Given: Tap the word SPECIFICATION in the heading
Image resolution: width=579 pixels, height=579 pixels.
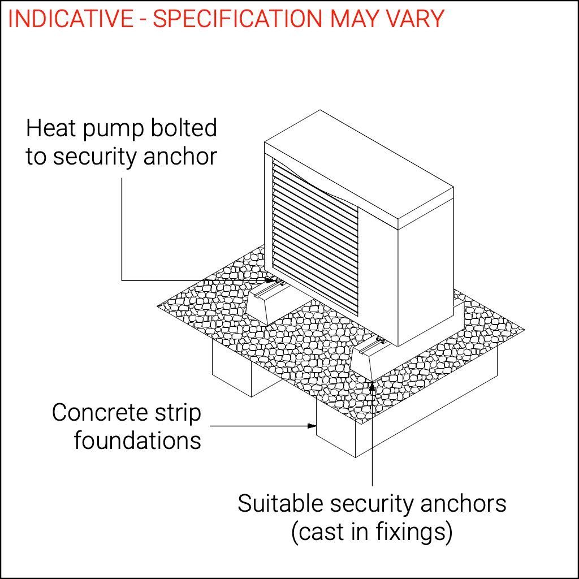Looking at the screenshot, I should click(238, 19).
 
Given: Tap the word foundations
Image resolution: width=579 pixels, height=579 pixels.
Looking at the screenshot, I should click(137, 440).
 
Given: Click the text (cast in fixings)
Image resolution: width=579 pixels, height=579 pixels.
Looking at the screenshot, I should click(371, 532).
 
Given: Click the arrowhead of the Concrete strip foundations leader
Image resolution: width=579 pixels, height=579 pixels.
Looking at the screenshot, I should click(312, 425).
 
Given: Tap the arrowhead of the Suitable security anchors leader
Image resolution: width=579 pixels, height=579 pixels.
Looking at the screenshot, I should click(373, 387).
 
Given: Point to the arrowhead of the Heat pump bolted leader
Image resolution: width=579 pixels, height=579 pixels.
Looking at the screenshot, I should click(270, 280).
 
